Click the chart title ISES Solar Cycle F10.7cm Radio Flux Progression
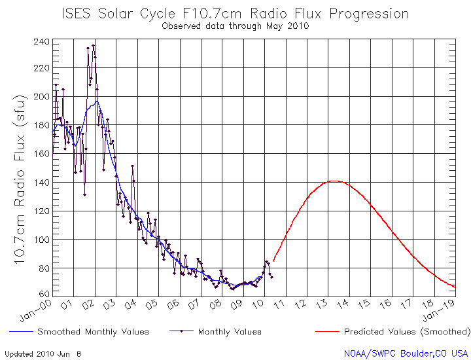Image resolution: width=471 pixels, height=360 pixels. click(235, 14)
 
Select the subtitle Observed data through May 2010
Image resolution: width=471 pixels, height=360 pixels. click(235, 26)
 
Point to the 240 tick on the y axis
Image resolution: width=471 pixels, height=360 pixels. click(41, 42)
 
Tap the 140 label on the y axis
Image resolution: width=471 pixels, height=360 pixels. click(41, 182)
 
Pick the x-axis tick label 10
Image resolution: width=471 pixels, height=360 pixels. click(260, 304)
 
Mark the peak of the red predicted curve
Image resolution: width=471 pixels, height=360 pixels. click(334, 181)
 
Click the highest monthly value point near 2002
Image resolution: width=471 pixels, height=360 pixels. click(94, 46)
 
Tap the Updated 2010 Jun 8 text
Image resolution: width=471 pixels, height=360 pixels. click(43, 353)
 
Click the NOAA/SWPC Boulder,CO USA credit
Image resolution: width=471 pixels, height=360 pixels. click(406, 353)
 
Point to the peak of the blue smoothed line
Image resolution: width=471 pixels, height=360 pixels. click(97, 101)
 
